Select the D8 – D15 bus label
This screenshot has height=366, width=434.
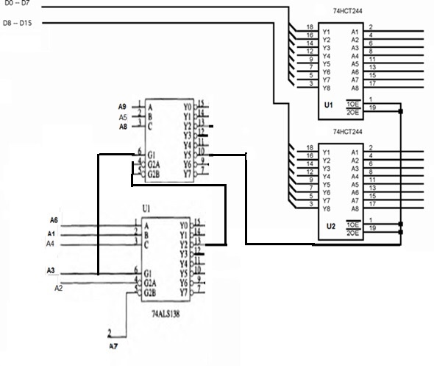coord(19,24)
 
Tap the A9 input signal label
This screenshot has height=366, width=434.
coord(124,107)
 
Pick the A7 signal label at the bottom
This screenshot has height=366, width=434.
coord(113,345)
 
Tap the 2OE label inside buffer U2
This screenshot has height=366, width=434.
coord(353,233)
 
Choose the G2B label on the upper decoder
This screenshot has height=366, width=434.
coord(153,175)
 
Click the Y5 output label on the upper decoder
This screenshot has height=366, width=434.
coord(187,155)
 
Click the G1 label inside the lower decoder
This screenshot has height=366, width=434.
coord(150,272)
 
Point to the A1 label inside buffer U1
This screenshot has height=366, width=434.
coord(355,32)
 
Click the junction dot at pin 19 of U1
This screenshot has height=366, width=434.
coord(402,112)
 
